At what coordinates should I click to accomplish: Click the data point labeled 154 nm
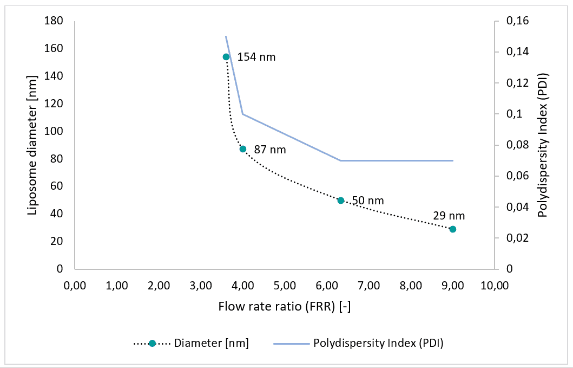pos(226,57)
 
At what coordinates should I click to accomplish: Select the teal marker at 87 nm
pos(243,149)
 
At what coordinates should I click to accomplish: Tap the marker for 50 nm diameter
pos(341,201)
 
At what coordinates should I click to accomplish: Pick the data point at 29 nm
pos(453,229)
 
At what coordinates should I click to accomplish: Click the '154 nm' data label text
pos(256,57)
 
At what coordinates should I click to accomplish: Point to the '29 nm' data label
pos(449,216)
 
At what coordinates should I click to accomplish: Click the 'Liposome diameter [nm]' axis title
pos(32,145)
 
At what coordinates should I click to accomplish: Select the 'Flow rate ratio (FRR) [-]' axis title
pos(285,307)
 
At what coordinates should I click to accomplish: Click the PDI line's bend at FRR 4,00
pos(243,114)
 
